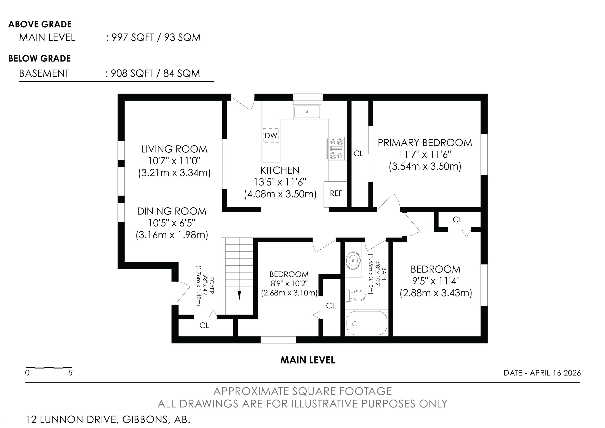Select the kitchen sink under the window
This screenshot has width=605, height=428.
pos(307,112)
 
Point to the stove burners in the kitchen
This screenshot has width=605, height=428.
pos(337,149)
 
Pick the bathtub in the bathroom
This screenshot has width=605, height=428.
pos(367,323)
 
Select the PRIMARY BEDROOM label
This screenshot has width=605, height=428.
pos(425,143)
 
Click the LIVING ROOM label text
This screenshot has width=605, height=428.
pos(174,149)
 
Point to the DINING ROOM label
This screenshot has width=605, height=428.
pos(172,211)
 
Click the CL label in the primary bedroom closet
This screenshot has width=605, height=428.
pos(358,154)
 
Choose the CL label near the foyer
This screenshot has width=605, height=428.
pos(204,325)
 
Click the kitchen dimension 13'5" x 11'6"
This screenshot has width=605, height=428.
pos(280,182)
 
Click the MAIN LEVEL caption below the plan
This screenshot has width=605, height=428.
pos(307,360)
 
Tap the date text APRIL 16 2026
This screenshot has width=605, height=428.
pos(555,373)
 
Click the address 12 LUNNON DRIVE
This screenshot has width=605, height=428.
pos(71,419)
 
